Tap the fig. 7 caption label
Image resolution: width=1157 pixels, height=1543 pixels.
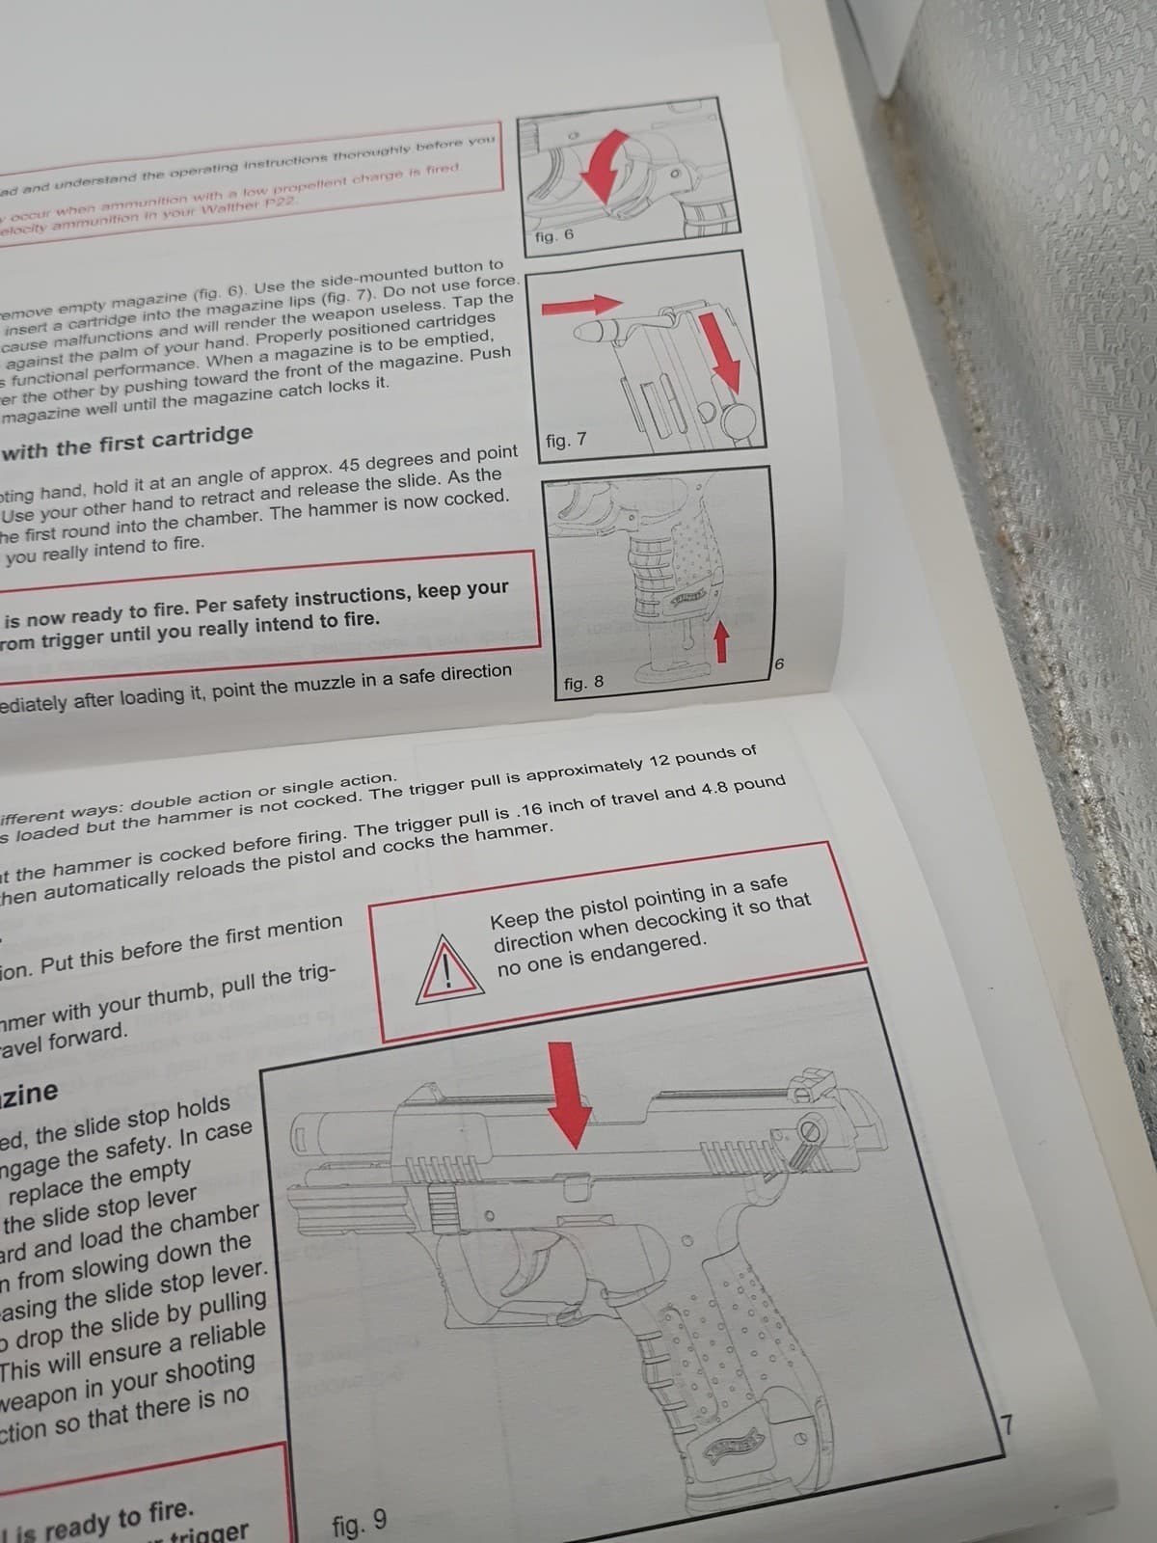tap(565, 441)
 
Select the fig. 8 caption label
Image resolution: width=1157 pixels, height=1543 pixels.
tap(583, 683)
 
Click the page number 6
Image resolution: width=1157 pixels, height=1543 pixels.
tap(781, 664)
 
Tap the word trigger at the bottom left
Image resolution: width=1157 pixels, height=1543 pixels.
tap(209, 1531)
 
